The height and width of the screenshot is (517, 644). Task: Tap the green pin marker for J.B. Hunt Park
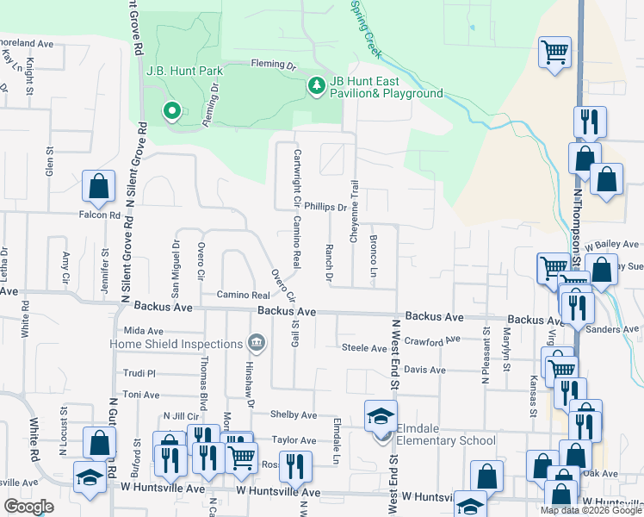point(171,109)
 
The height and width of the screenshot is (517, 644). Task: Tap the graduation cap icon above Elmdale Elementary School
point(381,417)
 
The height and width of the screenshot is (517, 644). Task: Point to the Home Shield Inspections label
point(176,344)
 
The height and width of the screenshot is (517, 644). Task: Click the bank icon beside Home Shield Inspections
point(256,344)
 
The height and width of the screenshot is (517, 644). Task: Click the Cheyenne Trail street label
point(354,211)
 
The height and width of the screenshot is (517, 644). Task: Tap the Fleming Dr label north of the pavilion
point(273,64)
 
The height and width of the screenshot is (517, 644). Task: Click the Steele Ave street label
point(364,348)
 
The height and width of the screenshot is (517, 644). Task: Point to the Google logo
point(28,507)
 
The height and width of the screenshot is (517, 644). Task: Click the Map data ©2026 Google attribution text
point(590,510)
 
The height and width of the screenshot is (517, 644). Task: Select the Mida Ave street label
point(143,331)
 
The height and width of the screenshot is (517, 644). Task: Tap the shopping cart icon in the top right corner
point(555,52)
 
